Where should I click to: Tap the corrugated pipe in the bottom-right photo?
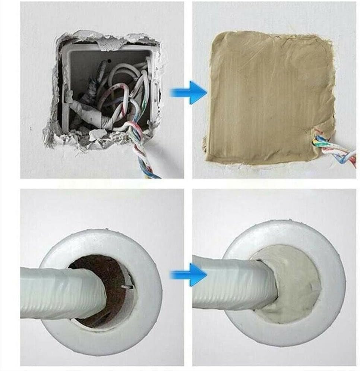click(x=231, y=285)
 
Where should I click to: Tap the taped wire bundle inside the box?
click(x=93, y=112)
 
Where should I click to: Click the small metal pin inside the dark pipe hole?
click(x=127, y=287)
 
